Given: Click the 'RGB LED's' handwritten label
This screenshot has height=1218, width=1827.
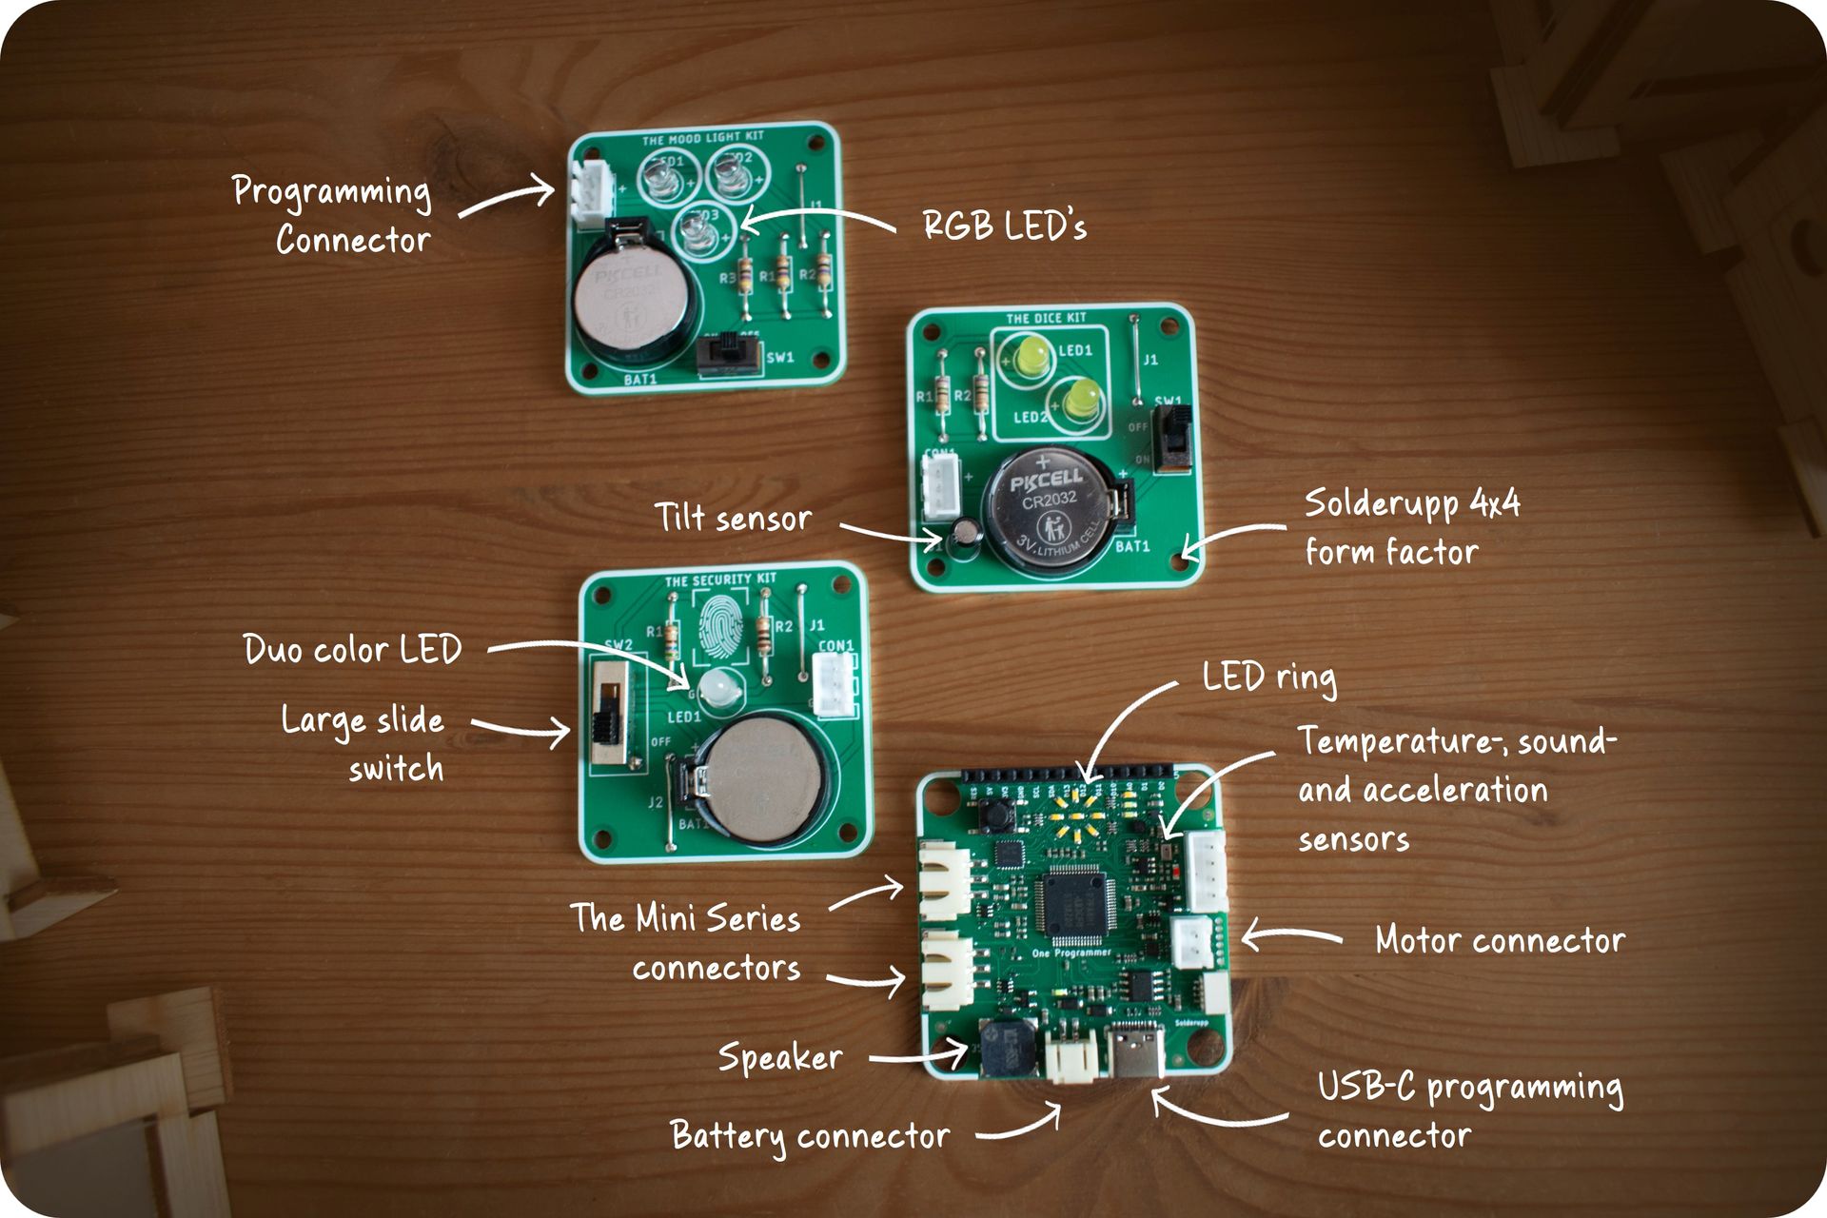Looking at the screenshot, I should point(1004,226).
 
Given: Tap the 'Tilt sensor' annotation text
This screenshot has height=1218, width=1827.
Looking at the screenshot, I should point(733,518).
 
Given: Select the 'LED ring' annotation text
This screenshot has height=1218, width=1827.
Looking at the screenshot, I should point(1268,678).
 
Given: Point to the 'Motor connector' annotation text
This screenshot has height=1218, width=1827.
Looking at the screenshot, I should point(1500,940).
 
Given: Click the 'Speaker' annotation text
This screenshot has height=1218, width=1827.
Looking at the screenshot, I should point(780,1057).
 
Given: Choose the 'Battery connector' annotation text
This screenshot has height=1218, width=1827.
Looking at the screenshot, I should point(810,1135).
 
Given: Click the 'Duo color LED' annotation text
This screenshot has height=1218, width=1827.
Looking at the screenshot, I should point(352,650).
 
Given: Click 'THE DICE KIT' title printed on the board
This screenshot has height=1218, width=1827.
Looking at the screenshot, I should point(1046,318).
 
